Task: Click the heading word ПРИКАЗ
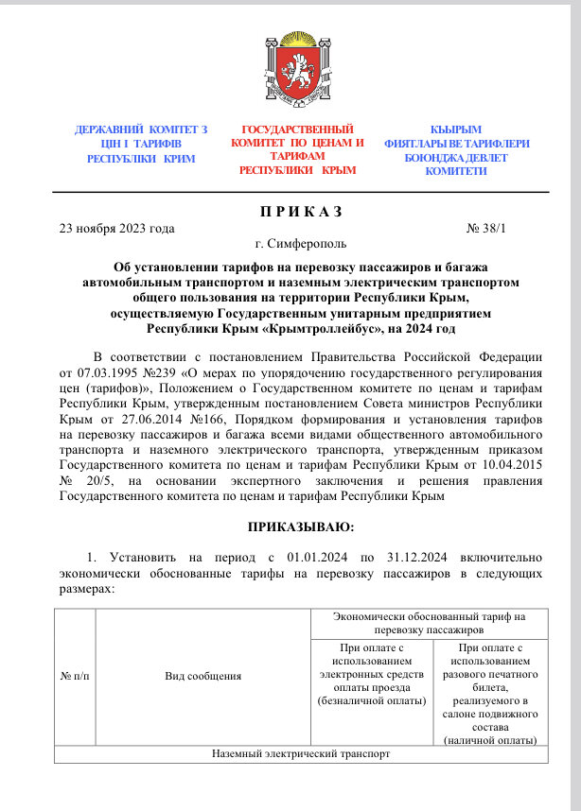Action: coord(290,210)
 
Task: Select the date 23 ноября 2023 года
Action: coord(116,228)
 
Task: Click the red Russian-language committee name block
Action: coord(297,149)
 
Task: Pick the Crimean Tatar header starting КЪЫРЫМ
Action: coord(456,149)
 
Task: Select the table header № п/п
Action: coord(76,676)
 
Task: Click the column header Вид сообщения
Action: coord(203,676)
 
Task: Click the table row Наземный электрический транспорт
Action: coord(301,753)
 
